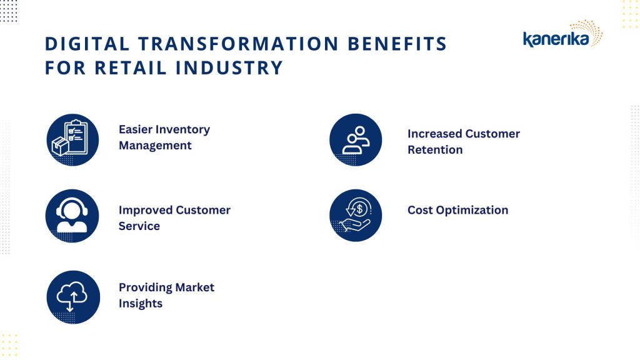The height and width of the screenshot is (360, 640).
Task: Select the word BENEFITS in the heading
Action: [x=397, y=44]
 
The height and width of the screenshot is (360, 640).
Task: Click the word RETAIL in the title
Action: [x=131, y=67]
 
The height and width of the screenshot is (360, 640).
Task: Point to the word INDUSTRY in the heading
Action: [x=229, y=67]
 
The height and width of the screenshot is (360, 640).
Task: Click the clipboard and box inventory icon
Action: [x=72, y=140]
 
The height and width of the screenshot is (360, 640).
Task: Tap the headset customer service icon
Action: [x=72, y=216]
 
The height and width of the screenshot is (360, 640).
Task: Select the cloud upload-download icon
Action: [x=73, y=297]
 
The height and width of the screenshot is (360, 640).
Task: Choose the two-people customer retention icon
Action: [x=356, y=140]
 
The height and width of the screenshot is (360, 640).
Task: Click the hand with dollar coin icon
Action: [x=356, y=216]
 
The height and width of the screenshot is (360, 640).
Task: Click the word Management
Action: [x=155, y=146]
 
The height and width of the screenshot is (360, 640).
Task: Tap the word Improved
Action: [x=144, y=210]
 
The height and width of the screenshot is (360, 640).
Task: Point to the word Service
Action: [x=139, y=226]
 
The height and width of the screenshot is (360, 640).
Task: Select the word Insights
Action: [x=141, y=304]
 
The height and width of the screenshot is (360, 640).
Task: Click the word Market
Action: [x=195, y=287]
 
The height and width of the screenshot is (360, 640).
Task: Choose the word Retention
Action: [x=435, y=150]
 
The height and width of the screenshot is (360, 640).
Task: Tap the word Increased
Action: [x=434, y=134]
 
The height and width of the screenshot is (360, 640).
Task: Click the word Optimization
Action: [x=472, y=210]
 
